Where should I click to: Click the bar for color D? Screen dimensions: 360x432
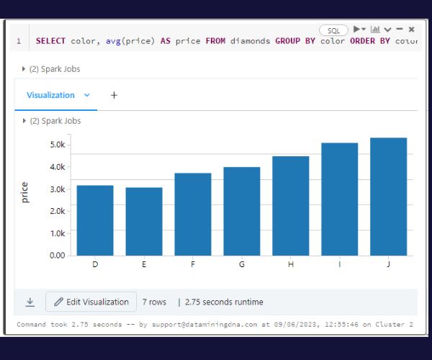point(95,220)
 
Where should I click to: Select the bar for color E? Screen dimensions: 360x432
point(144,221)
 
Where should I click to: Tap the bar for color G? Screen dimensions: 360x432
point(242,211)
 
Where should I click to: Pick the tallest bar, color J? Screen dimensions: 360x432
point(388,196)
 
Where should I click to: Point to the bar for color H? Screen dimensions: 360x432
point(291,205)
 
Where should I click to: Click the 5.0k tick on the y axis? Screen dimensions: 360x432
point(57,145)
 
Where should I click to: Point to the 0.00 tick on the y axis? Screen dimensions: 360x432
point(56,255)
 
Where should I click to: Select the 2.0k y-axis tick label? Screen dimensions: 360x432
point(57,211)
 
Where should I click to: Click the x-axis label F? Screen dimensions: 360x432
point(193,265)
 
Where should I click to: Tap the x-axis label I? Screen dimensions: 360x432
point(339,265)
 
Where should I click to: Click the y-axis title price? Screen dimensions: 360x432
point(25,192)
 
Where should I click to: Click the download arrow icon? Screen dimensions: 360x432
point(30,302)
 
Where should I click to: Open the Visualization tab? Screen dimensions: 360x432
point(50,95)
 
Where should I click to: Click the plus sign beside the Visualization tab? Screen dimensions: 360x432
point(114,95)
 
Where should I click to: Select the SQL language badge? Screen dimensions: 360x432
point(333,30)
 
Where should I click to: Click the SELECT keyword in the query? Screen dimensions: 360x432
point(51,41)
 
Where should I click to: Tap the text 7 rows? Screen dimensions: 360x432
point(154,302)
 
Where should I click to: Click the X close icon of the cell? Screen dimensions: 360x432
point(411,30)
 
